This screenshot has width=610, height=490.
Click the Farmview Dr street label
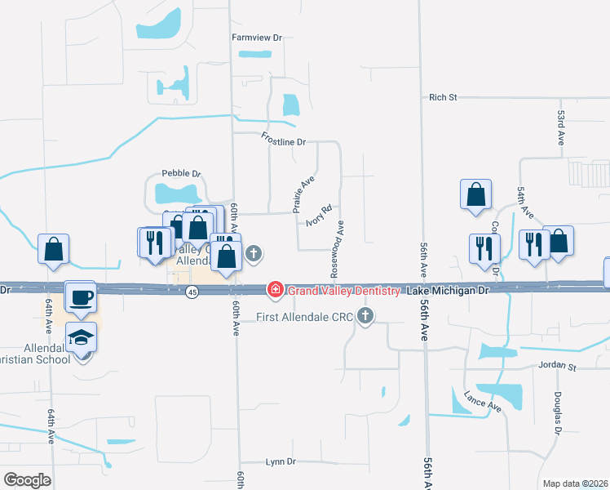[x=256, y=38]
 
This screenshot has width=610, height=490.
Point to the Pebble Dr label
[x=180, y=173]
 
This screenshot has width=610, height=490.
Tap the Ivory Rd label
[x=318, y=215]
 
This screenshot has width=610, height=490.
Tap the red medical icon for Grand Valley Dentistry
[x=276, y=290]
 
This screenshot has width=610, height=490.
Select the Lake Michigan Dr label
[x=447, y=291]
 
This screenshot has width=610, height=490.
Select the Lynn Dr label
[x=280, y=461]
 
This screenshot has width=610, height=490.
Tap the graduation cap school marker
[x=82, y=337]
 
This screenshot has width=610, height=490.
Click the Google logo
[x=27, y=479]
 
